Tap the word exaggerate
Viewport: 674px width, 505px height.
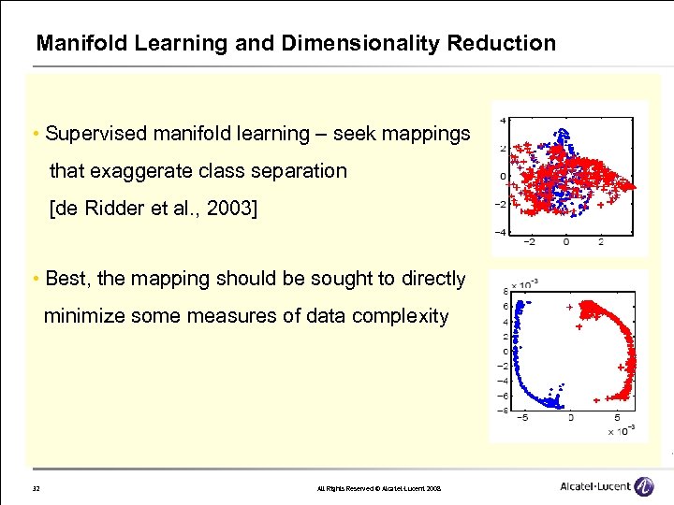(144, 171)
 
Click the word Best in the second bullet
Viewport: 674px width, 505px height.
(65, 279)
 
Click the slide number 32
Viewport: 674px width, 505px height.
(36, 488)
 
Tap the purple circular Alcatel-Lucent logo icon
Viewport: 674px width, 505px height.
(643, 486)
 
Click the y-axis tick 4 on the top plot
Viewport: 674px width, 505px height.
(504, 121)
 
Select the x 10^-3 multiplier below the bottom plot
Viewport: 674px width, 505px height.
(621, 430)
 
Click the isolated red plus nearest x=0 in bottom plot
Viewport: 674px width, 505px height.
(569, 307)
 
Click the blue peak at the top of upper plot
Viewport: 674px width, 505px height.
(563, 133)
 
